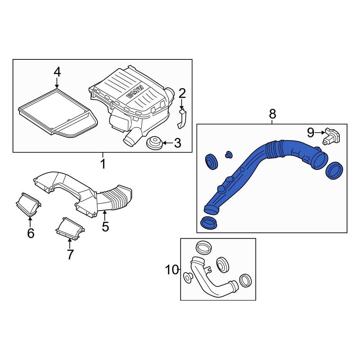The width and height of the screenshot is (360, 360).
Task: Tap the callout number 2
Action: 182,94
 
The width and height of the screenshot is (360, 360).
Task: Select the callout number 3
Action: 177,143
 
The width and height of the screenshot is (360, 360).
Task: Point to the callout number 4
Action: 57,72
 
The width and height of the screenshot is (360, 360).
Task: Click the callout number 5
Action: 105,226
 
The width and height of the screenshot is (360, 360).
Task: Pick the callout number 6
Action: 31,233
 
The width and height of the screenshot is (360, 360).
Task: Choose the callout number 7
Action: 70,254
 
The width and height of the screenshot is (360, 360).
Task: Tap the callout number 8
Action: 272,114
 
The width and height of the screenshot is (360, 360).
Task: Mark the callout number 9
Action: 310,133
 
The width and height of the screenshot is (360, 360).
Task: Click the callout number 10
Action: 172,269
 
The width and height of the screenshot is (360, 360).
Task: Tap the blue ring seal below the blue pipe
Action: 209,223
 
